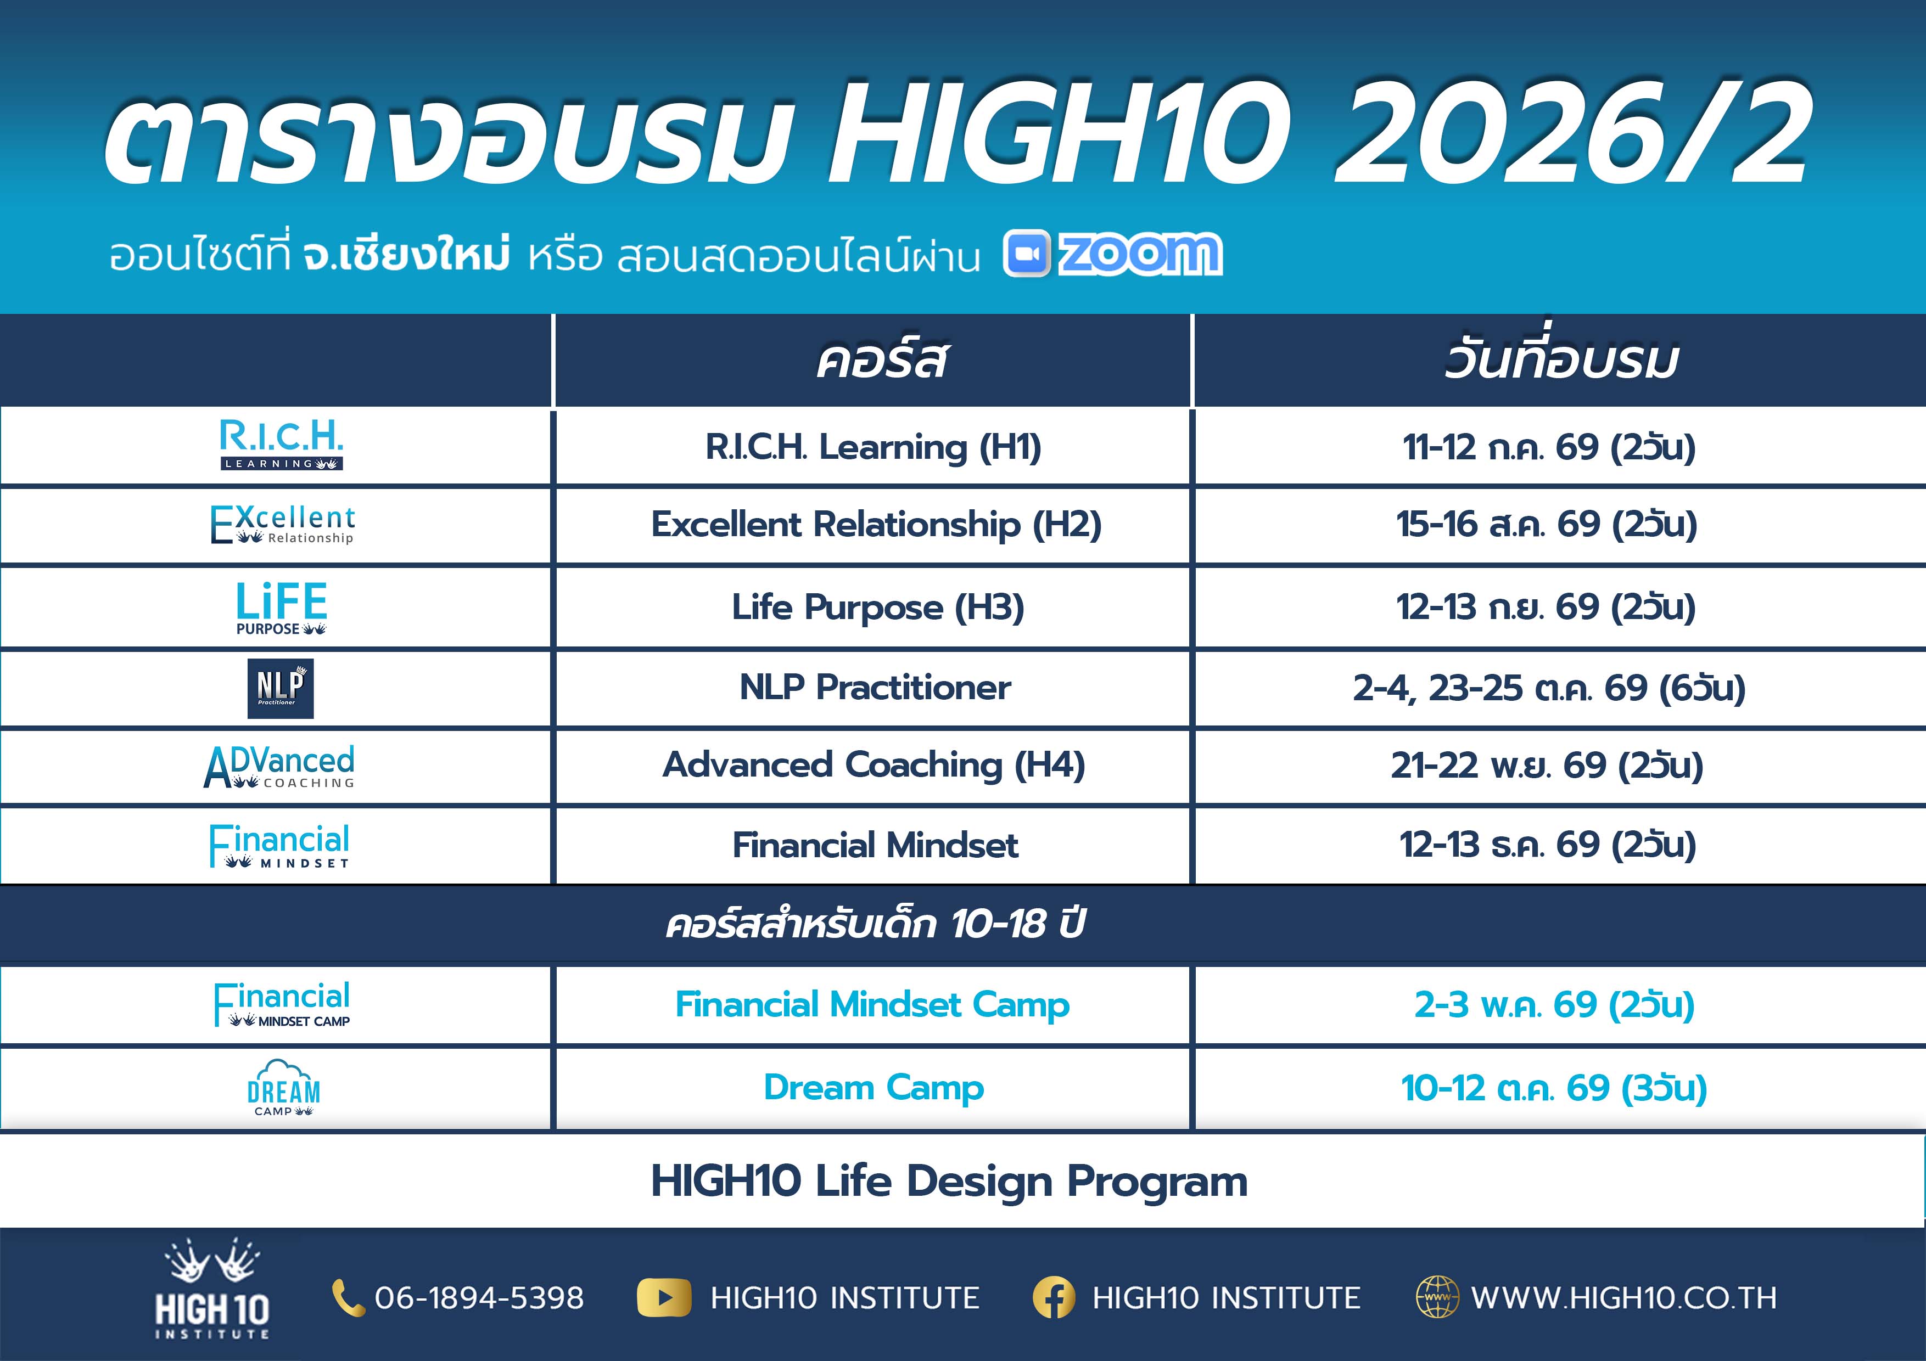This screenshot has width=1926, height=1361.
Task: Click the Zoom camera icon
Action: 1026,253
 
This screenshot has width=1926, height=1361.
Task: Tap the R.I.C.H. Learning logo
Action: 281,445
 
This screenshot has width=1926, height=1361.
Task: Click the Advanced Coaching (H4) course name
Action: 874,765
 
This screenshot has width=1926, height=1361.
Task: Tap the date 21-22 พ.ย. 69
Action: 1547,765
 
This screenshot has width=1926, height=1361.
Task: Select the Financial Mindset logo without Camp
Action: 279,845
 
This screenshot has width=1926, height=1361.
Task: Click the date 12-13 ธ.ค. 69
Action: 1548,845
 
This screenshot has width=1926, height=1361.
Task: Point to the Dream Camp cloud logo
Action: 283,1088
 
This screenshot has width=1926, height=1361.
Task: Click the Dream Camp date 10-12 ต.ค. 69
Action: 1554,1088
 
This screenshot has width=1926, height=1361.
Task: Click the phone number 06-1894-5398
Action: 479,1298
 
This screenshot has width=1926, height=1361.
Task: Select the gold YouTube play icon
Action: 664,1298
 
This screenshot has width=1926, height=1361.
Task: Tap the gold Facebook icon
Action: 1054,1298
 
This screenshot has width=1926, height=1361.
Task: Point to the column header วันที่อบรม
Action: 1561,361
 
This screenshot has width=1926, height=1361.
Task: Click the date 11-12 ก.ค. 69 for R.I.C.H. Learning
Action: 1548,447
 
